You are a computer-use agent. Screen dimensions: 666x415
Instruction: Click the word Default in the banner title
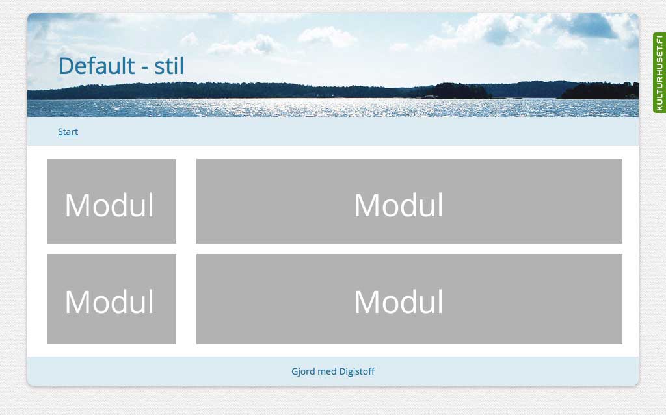(96, 66)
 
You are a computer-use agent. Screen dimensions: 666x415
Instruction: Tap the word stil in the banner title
(169, 66)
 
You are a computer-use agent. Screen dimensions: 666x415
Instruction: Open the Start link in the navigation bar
(68, 132)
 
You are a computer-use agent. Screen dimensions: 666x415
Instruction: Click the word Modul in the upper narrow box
(109, 205)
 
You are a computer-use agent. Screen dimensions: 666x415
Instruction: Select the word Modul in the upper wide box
(399, 205)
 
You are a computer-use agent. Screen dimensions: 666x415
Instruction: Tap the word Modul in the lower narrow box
(109, 302)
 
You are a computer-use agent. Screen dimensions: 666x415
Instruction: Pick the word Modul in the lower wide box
(399, 302)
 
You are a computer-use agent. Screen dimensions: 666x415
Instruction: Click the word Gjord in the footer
(303, 371)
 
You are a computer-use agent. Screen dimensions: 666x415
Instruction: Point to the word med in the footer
(327, 371)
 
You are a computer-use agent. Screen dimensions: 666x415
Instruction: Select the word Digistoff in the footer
(357, 371)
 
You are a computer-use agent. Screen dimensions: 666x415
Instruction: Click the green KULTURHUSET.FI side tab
(659, 73)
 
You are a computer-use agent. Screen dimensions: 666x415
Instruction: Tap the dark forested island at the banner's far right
(600, 91)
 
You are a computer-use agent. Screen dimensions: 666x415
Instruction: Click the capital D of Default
(67, 66)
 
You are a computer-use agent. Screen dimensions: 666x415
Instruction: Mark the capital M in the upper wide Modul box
(367, 205)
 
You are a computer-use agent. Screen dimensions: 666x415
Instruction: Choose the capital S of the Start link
(60, 132)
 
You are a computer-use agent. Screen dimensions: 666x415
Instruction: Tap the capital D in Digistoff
(342, 371)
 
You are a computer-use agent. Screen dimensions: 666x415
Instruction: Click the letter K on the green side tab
(659, 108)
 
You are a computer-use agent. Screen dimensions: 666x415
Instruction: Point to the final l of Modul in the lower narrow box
(151, 302)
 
